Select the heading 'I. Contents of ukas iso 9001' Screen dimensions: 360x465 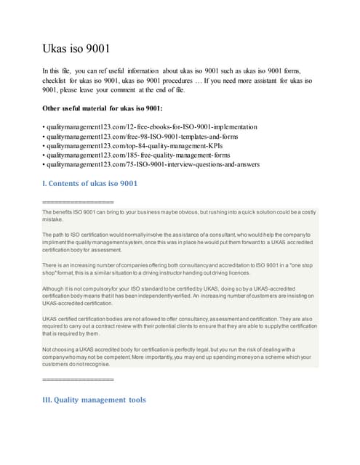(90, 183)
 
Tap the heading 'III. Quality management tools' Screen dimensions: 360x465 (95, 399)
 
